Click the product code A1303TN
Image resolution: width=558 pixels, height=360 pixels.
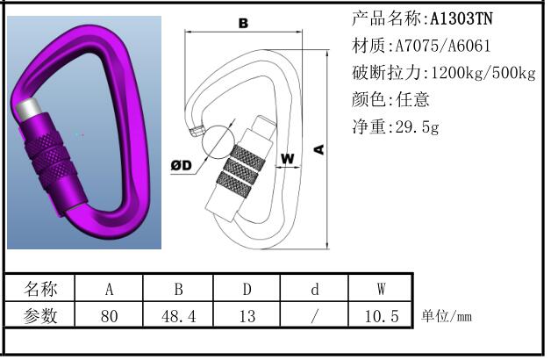461,18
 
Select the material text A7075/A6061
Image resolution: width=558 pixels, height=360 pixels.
443,46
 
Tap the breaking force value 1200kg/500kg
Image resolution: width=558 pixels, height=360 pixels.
483,73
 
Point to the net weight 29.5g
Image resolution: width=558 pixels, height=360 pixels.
417,126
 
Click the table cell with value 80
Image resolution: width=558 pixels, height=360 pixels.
109,316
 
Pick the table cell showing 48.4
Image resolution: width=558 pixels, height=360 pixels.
178,316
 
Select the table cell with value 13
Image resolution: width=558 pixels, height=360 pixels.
247,316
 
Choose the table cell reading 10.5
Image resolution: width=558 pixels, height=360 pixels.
381,316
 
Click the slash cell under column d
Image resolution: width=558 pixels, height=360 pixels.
314,316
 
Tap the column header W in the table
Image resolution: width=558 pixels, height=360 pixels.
381,289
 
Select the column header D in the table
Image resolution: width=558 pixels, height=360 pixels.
247,289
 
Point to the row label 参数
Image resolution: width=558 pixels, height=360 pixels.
40,316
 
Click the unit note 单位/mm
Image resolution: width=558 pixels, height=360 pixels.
447,316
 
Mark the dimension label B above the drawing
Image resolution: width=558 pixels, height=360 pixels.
243,23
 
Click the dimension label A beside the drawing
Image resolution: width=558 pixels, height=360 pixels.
319,149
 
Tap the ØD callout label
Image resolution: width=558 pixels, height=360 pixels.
181,165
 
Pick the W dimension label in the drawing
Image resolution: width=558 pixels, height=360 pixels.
288,158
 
